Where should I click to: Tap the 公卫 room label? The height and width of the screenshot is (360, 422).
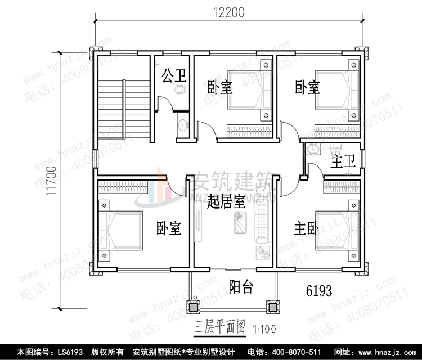tap(174, 75)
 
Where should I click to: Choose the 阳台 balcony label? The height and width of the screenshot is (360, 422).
tap(242, 287)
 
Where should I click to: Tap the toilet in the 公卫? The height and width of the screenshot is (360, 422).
tap(180, 90)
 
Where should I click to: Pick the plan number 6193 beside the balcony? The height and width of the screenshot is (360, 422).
tap(318, 291)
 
